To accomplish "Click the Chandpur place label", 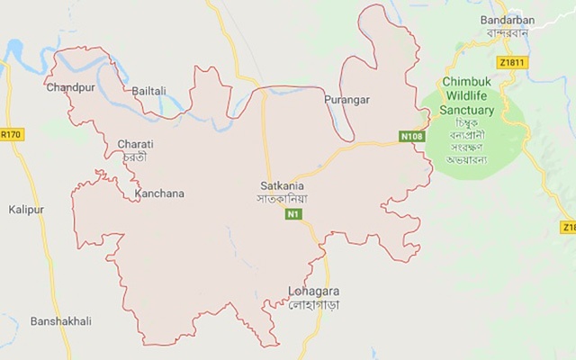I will (69, 88).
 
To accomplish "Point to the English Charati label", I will (136, 144).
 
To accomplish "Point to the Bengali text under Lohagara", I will (310, 306).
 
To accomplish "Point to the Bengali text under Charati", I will (136, 157).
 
